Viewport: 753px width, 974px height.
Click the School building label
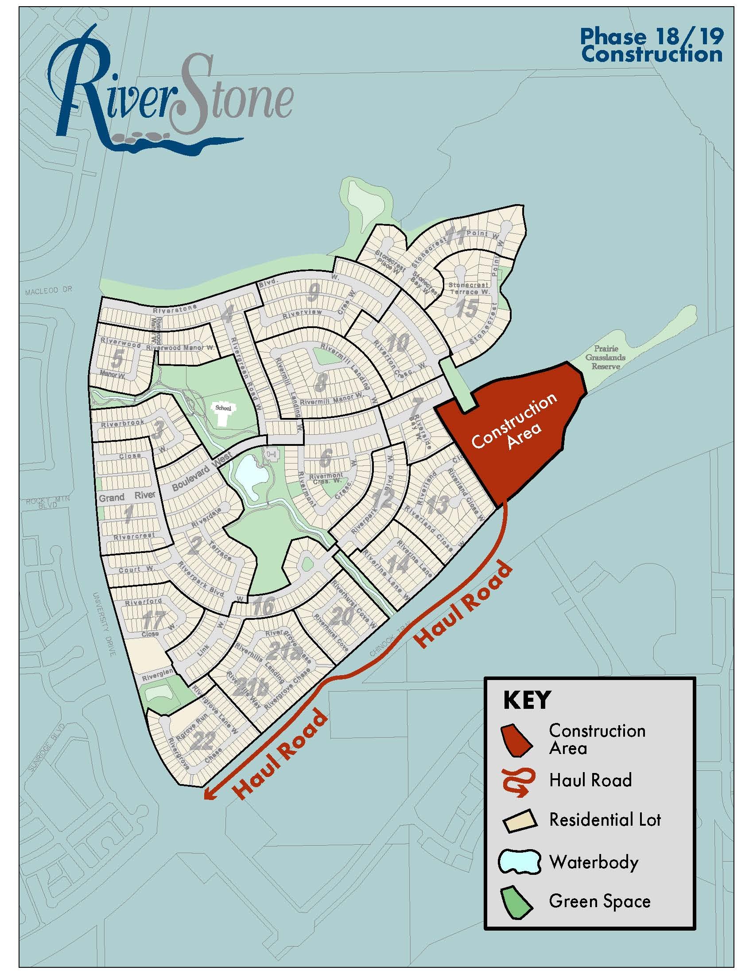223,408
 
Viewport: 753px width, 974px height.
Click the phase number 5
117,359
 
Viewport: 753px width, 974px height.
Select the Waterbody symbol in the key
519,862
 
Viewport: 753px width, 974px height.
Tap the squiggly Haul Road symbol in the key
517,781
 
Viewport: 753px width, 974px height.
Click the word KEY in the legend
526,700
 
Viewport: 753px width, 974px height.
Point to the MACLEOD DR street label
48,291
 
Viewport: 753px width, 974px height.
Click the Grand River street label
127,496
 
